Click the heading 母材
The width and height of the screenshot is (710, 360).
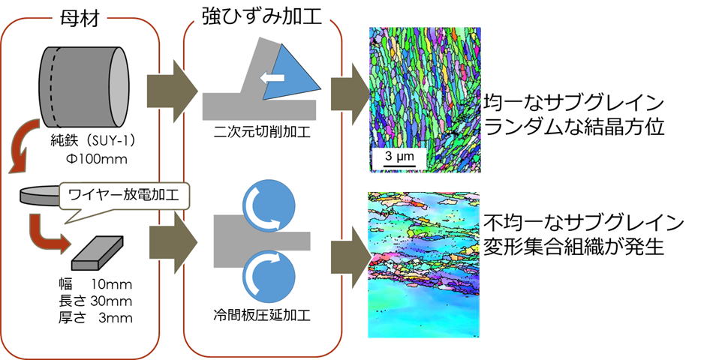(80, 18)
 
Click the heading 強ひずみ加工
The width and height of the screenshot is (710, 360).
(262, 16)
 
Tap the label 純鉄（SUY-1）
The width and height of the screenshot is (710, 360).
(93, 141)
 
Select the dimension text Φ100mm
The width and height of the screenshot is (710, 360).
(96, 159)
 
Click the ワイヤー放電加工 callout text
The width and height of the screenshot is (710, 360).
(123, 195)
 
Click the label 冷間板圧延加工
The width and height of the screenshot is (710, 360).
(262, 315)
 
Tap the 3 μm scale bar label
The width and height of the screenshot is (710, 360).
(399, 157)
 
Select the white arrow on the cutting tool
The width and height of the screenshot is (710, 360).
(272, 78)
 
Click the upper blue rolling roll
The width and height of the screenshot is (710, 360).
(269, 205)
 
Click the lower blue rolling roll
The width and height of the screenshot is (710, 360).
(269, 276)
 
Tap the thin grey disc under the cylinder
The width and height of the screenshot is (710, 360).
(40, 196)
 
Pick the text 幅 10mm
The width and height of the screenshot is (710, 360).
(95, 284)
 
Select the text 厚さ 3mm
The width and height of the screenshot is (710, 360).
(95, 317)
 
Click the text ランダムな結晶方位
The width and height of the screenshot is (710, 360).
(573, 127)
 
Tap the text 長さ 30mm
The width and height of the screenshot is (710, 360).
(95, 301)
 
